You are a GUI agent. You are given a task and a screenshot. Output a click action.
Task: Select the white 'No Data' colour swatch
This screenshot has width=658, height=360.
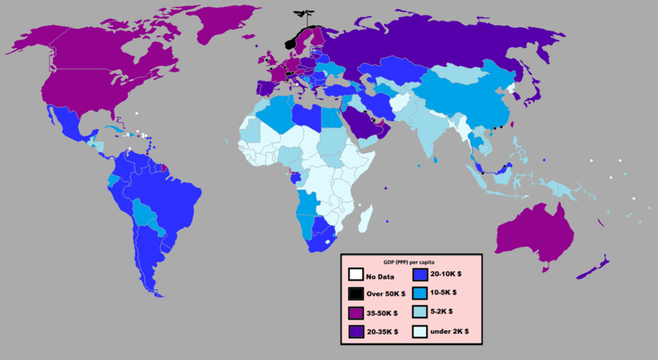tap(355, 275)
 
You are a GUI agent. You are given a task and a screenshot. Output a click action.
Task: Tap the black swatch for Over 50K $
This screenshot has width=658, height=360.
tap(355, 294)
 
